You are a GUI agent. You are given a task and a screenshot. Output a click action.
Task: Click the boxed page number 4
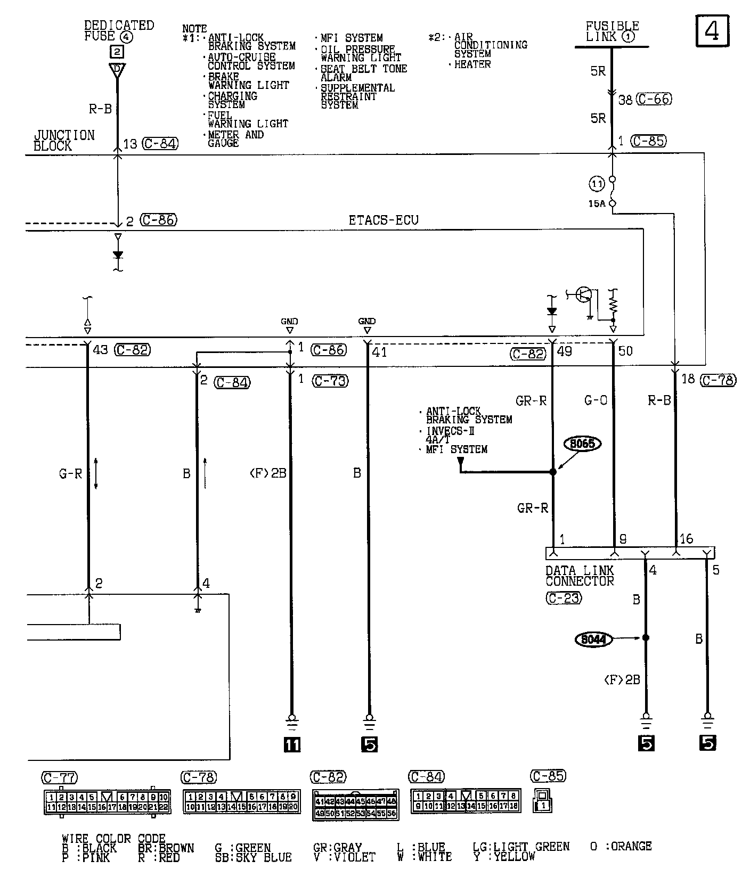[712, 31]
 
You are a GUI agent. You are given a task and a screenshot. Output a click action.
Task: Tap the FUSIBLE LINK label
[612, 31]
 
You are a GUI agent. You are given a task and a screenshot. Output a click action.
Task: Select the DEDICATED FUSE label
[118, 31]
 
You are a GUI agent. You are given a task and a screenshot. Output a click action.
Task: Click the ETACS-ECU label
[384, 220]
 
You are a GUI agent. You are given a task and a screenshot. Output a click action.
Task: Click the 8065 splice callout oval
[583, 444]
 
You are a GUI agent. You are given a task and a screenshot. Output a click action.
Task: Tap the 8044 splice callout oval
[593, 638]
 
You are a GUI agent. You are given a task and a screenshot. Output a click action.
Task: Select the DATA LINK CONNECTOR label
[580, 576]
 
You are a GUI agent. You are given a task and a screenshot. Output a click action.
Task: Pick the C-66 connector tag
[654, 99]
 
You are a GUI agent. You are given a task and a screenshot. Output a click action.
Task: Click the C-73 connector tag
[330, 381]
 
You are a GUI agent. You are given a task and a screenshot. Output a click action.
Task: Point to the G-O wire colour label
[596, 400]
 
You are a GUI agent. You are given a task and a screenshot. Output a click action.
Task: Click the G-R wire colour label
[70, 473]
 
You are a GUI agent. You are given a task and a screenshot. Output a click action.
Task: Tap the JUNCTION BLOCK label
[64, 141]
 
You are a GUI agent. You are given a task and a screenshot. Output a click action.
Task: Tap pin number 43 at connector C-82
[100, 350]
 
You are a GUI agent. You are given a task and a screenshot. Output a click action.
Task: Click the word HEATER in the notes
[472, 64]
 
